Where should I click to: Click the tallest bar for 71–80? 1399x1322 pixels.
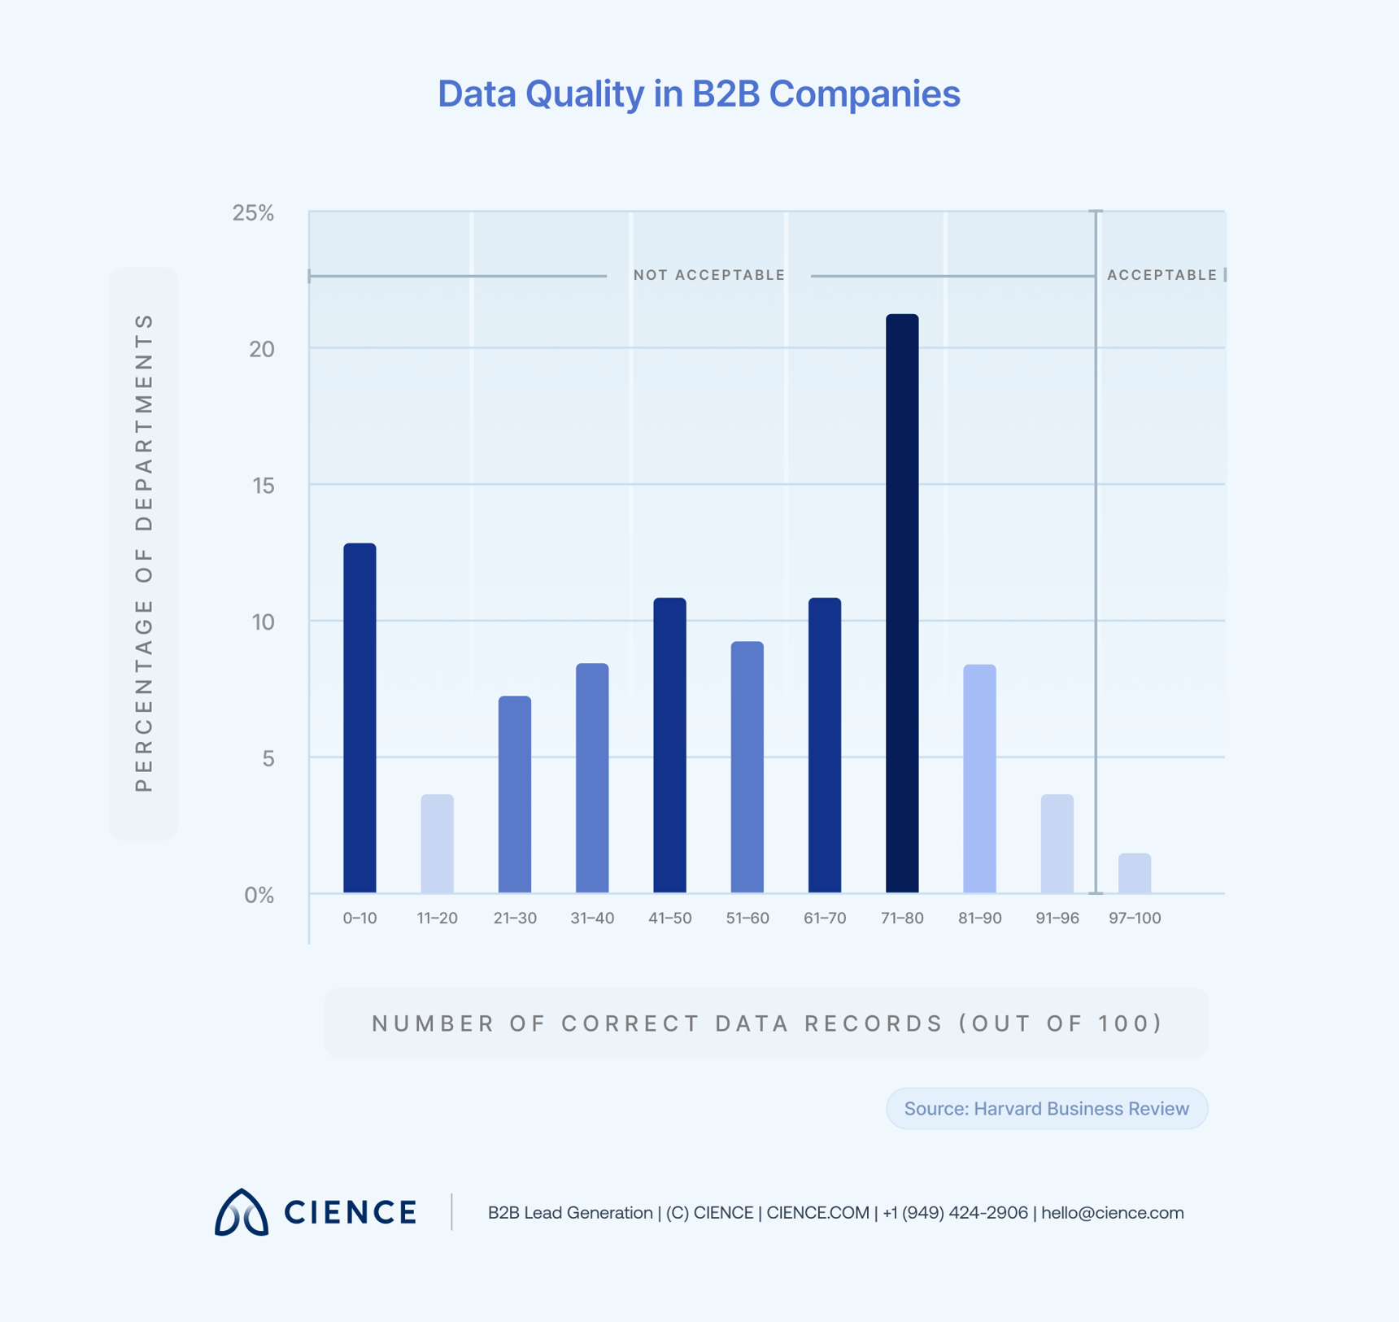click(902, 603)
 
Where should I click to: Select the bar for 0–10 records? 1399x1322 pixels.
click(360, 718)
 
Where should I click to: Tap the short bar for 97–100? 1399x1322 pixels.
click(1135, 873)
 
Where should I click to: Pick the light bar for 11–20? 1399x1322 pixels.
click(437, 844)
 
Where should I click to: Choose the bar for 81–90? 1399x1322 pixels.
click(979, 779)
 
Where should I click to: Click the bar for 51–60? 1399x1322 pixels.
click(747, 767)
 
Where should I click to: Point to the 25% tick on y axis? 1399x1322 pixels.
click(253, 213)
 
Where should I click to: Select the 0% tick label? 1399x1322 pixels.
click(259, 895)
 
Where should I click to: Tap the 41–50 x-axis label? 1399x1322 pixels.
click(669, 918)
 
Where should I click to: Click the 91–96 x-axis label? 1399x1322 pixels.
click(1057, 918)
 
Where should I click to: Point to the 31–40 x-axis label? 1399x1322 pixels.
click(592, 918)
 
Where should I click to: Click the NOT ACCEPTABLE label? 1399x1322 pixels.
click(709, 275)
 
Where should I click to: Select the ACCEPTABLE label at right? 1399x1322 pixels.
click(1161, 275)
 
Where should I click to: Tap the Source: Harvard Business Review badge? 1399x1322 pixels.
click(1046, 1108)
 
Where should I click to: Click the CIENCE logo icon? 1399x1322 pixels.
click(241, 1212)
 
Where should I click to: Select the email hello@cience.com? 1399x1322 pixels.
click(1112, 1212)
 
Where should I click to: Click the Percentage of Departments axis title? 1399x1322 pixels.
click(143, 553)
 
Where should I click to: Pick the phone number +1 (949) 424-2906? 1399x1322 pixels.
click(955, 1212)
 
